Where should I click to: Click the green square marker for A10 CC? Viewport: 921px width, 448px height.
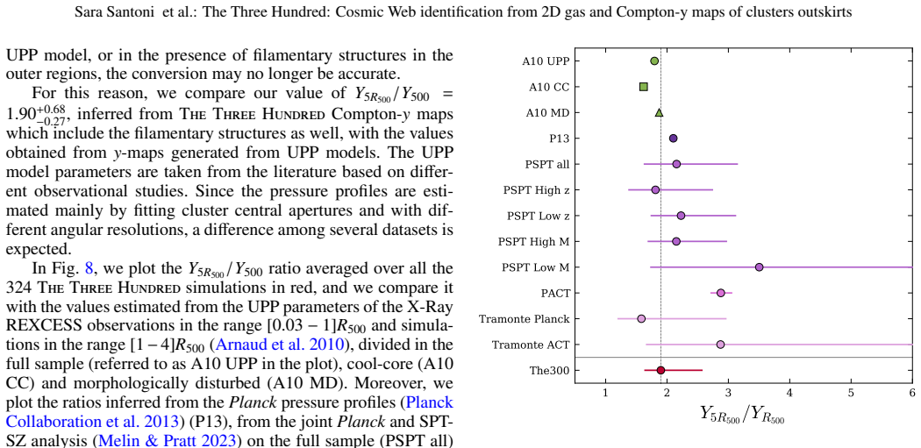pyautogui.click(x=643, y=87)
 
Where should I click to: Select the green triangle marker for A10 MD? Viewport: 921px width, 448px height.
pyautogui.click(x=659, y=113)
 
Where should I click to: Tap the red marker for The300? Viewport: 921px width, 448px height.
pyautogui.click(x=660, y=370)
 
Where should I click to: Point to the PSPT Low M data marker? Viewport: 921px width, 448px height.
pyautogui.click(x=759, y=267)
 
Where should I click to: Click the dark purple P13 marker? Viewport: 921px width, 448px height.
pyautogui.click(x=673, y=139)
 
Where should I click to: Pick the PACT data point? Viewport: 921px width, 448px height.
pyautogui.click(x=721, y=293)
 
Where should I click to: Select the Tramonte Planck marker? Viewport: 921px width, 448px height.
pyautogui.click(x=641, y=319)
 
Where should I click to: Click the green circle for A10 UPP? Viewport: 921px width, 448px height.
pyautogui.click(x=654, y=61)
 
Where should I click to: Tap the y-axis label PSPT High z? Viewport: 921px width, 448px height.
pyautogui.click(x=536, y=190)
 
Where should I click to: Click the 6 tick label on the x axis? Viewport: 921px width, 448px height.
pyautogui.click(x=911, y=392)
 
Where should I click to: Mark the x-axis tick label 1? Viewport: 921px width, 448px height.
pyautogui.click(x=605, y=392)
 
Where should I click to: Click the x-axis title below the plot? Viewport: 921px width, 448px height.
pyautogui.click(x=742, y=414)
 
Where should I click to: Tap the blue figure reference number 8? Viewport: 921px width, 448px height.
pyautogui.click(x=89, y=268)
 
